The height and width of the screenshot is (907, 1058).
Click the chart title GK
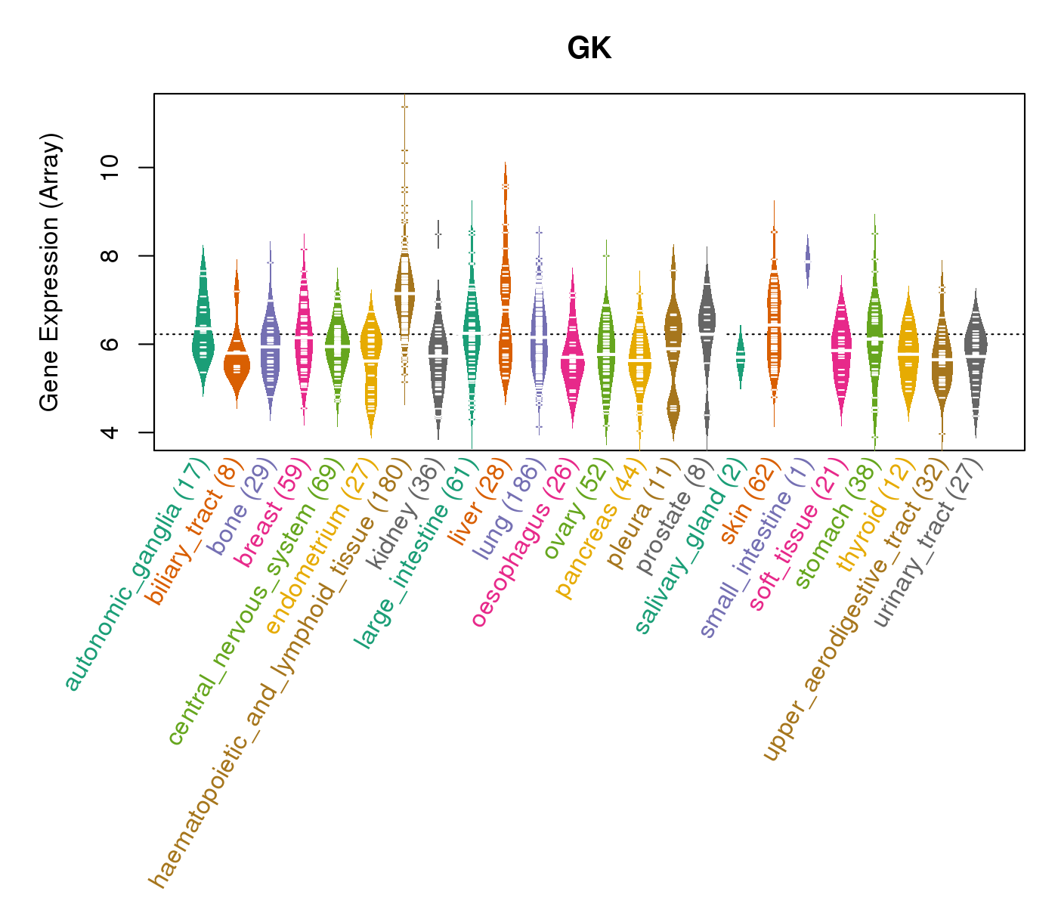coord(589,49)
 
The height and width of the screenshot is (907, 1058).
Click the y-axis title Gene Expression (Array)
coord(50,273)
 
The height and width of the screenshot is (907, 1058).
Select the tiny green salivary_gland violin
coord(741,355)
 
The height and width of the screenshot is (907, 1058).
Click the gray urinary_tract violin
coord(976,355)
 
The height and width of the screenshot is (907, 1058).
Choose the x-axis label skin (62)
coord(748,503)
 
